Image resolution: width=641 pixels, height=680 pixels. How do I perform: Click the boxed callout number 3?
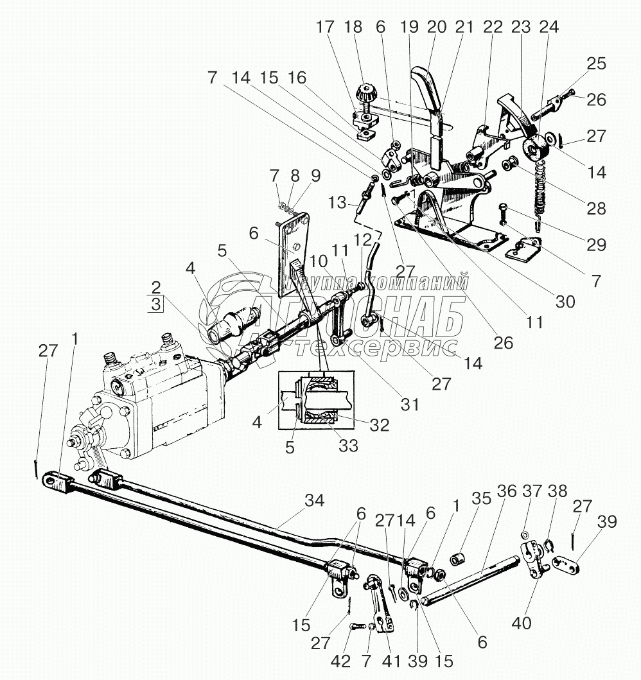156,304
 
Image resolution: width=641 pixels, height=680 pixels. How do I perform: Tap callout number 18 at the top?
353,27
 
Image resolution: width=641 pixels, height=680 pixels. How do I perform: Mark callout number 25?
597,65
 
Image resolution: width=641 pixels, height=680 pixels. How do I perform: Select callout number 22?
493,27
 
